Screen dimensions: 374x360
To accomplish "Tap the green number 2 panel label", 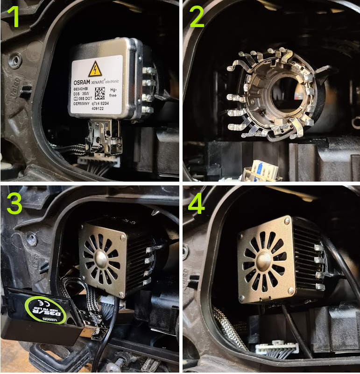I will tap(197, 17).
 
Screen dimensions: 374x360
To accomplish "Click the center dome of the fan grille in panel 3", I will tap(102, 258).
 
